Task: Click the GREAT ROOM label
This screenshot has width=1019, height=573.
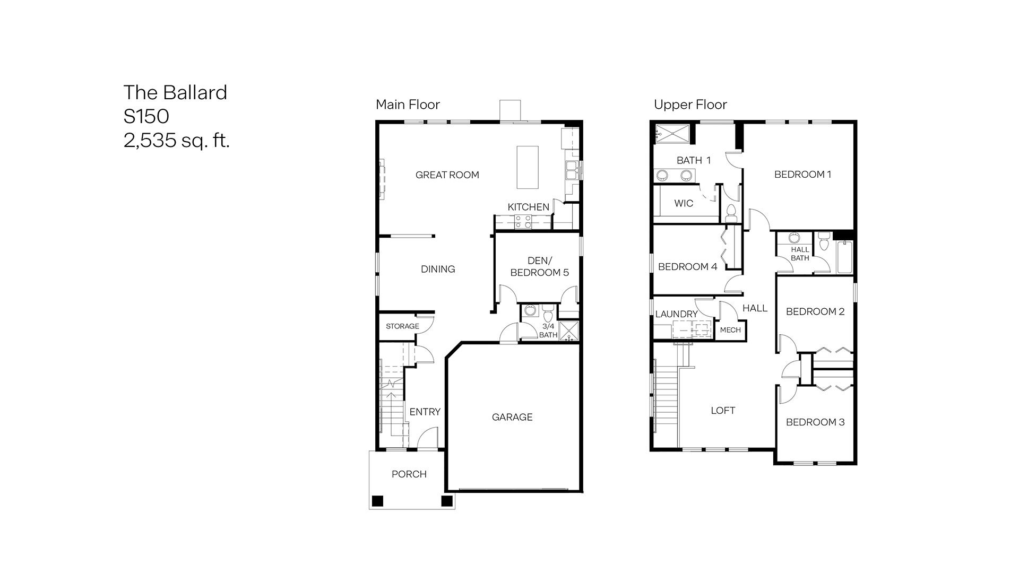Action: tap(447, 175)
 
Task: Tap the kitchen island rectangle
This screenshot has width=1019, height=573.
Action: tap(528, 167)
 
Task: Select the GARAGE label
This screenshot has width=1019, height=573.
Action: tap(512, 417)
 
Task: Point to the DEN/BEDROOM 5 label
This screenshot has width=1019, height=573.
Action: tap(539, 266)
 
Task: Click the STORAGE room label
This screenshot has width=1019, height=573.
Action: tap(402, 326)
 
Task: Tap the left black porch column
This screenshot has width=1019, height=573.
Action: tap(377, 501)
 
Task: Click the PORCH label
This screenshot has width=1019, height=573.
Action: tap(409, 474)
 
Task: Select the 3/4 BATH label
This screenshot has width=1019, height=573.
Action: tap(548, 331)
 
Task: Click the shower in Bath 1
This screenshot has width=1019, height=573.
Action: tap(672, 133)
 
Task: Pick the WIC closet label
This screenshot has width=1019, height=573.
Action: tap(684, 203)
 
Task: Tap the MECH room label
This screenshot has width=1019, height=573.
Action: tap(730, 330)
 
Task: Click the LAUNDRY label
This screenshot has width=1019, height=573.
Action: tap(676, 314)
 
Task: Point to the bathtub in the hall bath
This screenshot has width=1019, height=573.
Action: tap(844, 258)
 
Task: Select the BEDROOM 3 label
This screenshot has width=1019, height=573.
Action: tap(815, 422)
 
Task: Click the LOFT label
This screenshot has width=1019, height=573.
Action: tap(723, 410)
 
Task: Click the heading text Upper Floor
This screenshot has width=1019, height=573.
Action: tap(690, 105)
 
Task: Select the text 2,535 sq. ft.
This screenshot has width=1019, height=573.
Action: tap(177, 141)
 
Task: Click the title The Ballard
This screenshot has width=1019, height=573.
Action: tap(175, 92)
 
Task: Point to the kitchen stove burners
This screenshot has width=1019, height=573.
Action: tap(523, 222)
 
